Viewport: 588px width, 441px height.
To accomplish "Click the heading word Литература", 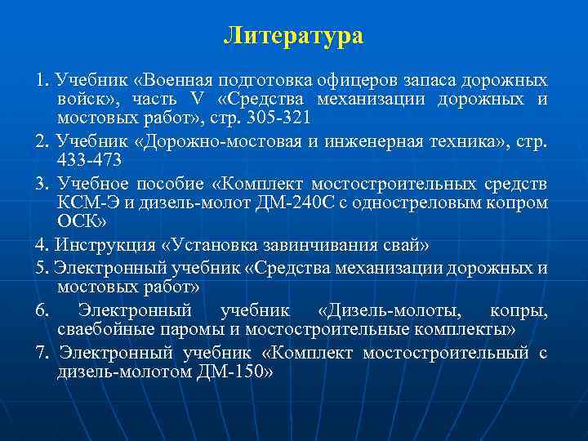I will (294, 36).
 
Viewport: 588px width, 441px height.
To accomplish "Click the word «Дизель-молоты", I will (387, 310).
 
